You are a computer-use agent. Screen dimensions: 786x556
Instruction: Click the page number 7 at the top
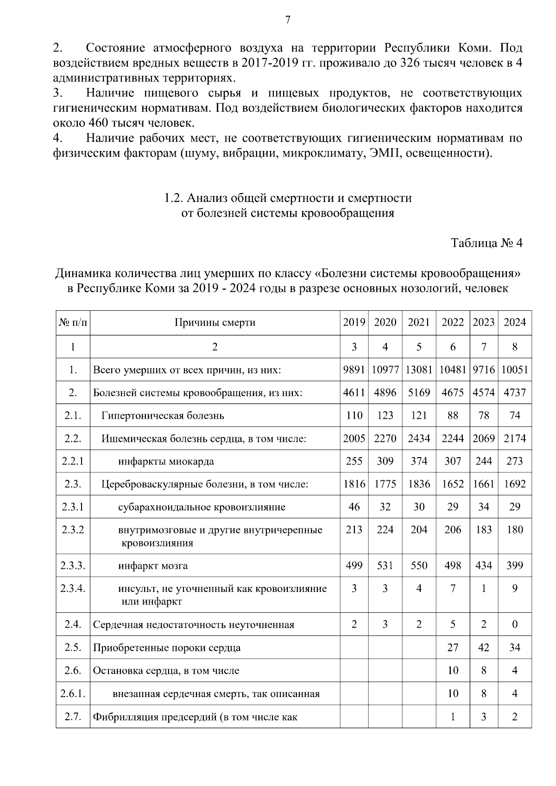pyautogui.click(x=288, y=20)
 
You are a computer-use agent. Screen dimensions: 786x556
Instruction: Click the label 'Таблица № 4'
pyautogui.click(x=486, y=243)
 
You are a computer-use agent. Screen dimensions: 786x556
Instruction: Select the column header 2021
pyautogui.click(x=418, y=322)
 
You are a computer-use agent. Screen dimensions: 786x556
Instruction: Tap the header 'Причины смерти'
pyautogui.click(x=215, y=322)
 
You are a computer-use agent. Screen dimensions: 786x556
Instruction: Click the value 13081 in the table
pyautogui.click(x=418, y=370)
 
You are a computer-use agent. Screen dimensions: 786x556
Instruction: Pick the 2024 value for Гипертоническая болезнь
pyautogui.click(x=514, y=415)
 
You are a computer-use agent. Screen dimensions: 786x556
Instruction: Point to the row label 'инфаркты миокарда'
pyautogui.click(x=166, y=461)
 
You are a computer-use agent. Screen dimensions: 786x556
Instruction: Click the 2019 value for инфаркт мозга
pyautogui.click(x=354, y=566)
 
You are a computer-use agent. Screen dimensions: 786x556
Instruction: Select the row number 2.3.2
pyautogui.click(x=73, y=530)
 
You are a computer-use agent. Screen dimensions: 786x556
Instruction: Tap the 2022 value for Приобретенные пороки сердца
pyautogui.click(x=453, y=648)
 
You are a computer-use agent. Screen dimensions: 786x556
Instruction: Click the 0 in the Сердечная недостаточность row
pyautogui.click(x=514, y=624)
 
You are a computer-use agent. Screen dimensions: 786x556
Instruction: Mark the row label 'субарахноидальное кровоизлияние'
pyautogui.click(x=202, y=507)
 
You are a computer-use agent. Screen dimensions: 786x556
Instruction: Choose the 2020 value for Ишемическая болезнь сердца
pyautogui.click(x=385, y=438)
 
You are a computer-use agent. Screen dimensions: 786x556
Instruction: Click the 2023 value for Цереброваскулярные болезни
pyautogui.click(x=483, y=484)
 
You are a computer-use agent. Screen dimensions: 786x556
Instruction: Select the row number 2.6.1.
pyautogui.click(x=73, y=694)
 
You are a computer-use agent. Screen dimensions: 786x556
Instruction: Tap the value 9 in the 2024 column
pyautogui.click(x=514, y=589)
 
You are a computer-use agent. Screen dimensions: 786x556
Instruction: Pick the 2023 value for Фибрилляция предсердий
pyautogui.click(x=483, y=717)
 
